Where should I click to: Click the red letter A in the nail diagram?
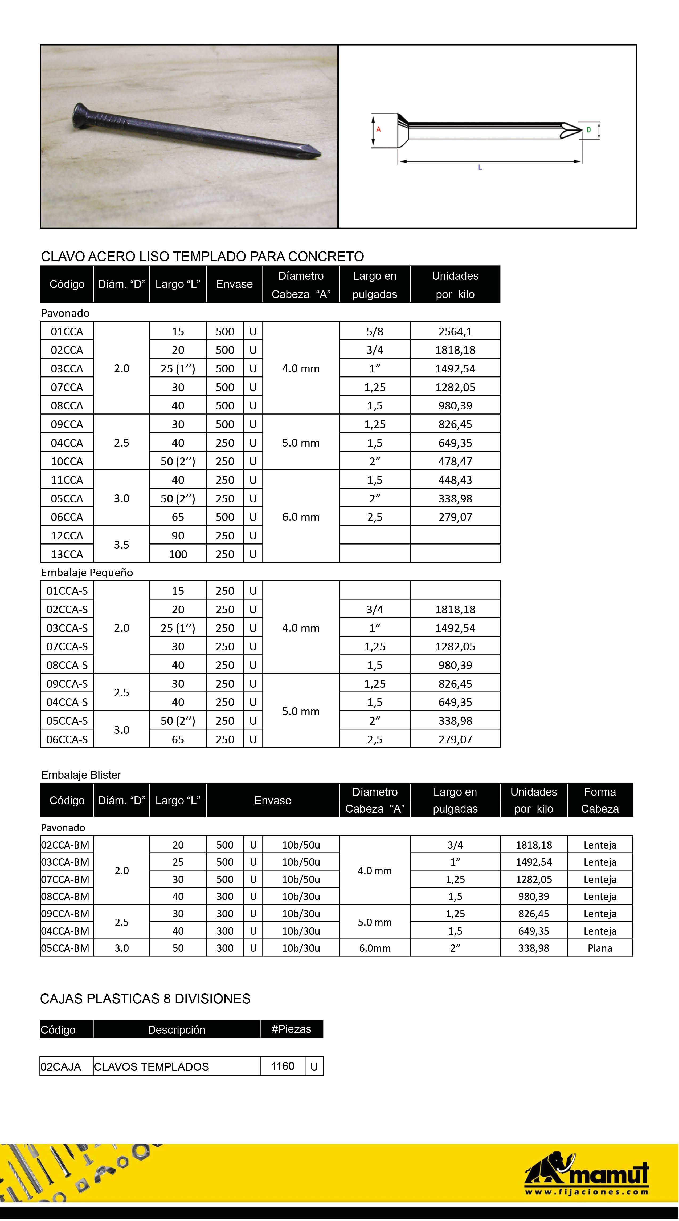(379, 129)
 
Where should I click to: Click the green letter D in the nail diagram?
(589, 130)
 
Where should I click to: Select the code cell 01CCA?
(67, 332)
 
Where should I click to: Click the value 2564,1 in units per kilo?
(455, 332)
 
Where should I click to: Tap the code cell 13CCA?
(67, 554)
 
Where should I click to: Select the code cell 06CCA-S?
(67, 739)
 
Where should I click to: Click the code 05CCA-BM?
(66, 948)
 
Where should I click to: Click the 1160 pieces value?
(283, 1066)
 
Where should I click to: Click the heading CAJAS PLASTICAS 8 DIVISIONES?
(145, 999)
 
